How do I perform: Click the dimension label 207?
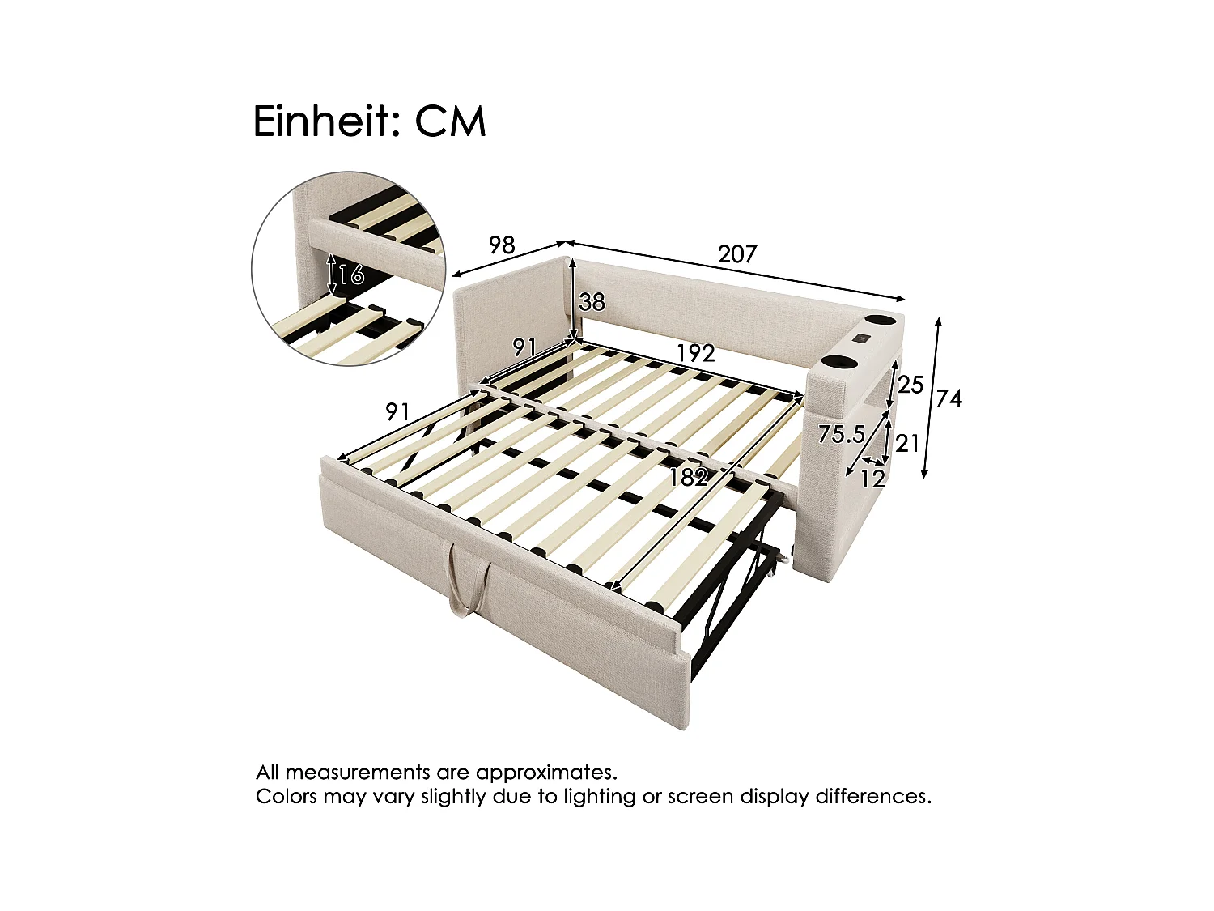(736, 254)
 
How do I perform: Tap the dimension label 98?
(502, 245)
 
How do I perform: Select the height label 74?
(949, 398)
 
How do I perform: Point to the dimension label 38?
(592, 302)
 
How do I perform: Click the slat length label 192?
(695, 353)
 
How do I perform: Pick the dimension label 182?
(688, 478)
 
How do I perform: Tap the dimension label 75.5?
(841, 435)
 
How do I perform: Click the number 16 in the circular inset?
(350, 275)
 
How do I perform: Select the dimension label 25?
(910, 385)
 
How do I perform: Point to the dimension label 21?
(906, 443)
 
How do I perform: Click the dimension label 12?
(872, 479)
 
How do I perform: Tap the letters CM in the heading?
(450, 121)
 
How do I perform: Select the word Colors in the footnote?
(286, 797)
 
